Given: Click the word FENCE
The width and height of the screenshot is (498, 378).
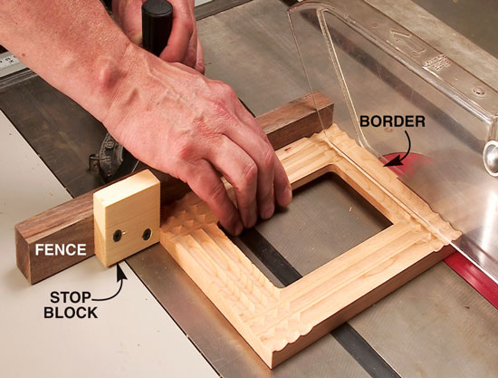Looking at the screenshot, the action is click(61, 249).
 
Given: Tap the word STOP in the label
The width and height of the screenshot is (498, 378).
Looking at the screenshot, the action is click(71, 298).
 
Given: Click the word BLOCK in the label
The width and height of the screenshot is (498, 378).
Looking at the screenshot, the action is click(71, 313).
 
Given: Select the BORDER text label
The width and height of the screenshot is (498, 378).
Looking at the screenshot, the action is click(392, 121).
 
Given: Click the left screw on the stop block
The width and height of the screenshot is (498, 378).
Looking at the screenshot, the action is click(118, 236).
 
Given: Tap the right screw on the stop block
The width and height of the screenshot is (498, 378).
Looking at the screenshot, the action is click(147, 234).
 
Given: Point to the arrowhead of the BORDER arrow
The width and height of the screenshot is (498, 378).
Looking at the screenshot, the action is click(390, 161).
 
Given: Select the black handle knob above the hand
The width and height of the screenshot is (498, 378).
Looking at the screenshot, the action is click(157, 26).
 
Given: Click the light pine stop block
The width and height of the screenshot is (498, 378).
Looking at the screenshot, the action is click(127, 218).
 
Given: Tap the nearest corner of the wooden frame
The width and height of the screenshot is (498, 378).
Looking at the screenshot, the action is click(273, 364).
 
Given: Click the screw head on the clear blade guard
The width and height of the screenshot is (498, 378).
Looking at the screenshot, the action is click(479, 92).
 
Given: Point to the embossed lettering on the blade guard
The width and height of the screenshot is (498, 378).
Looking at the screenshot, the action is click(436, 65).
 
